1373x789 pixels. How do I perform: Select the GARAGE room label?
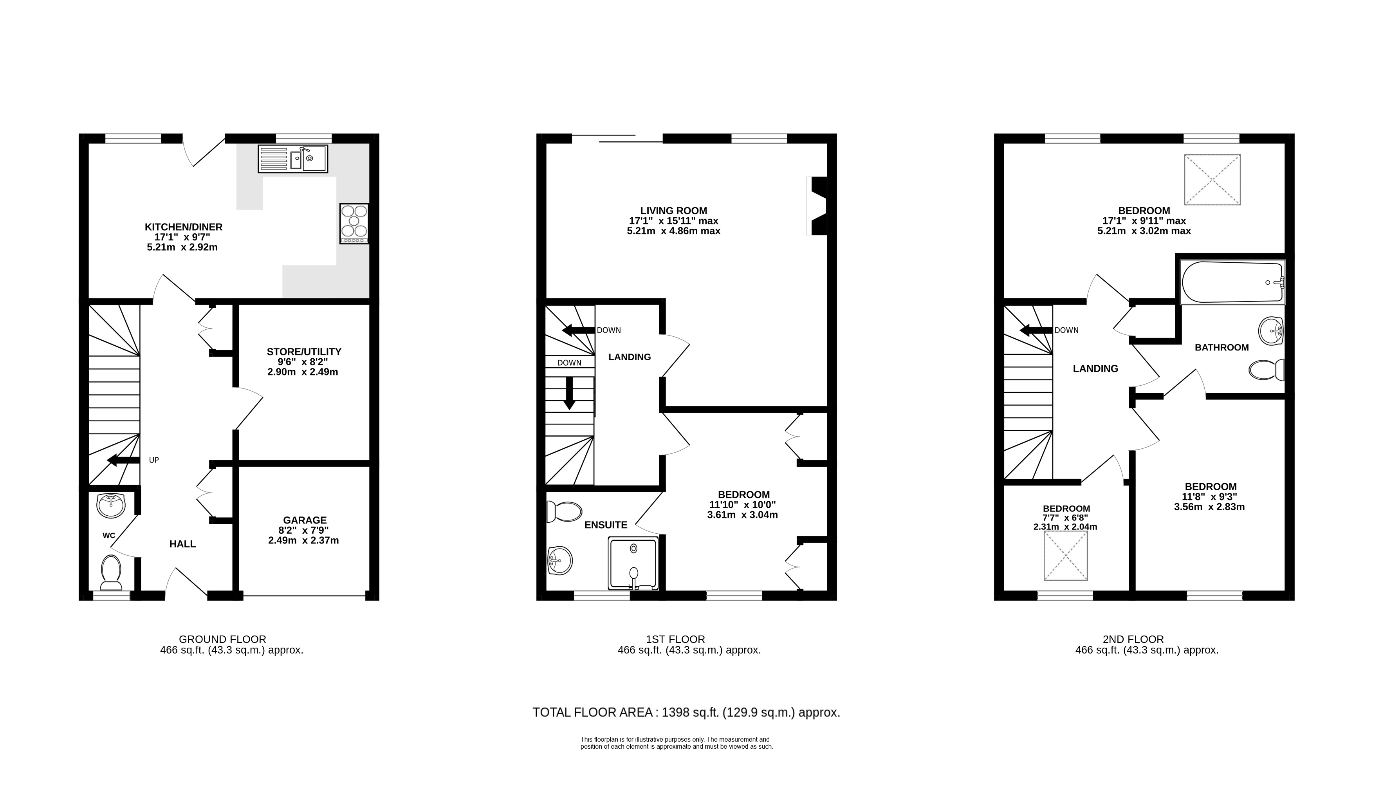pos(305,520)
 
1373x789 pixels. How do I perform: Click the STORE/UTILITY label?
pos(304,352)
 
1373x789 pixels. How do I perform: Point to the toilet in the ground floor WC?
pos(111,572)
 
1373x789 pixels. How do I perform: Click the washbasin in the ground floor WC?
pos(111,505)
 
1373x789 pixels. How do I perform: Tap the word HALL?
pos(182,544)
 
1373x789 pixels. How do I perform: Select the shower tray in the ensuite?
pos(633,563)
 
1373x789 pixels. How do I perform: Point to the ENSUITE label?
pos(606,525)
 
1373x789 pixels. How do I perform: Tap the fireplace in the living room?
pos(817,206)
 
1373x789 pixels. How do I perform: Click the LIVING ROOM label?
pos(673,211)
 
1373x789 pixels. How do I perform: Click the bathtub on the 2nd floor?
pos(1232,282)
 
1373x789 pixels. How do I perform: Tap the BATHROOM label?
pos(1222,347)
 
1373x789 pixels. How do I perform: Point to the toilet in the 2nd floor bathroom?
pos(1266,370)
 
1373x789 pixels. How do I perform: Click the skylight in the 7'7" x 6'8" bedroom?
pos(1066,556)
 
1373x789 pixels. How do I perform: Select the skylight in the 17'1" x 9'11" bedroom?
pos(1212,180)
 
